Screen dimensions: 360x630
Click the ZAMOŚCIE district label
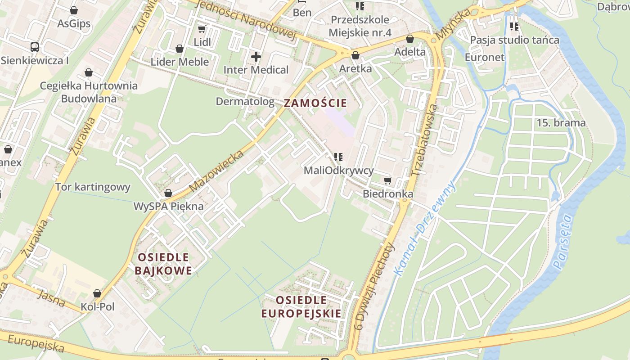tap(315, 103)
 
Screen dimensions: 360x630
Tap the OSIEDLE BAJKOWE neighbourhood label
tap(163, 264)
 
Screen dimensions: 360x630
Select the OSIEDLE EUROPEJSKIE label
tap(301, 307)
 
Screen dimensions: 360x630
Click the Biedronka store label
tap(388, 194)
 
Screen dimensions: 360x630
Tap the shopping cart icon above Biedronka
tap(387, 181)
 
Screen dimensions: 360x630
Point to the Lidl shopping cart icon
tap(202, 29)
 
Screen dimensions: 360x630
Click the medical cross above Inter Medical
tap(256, 57)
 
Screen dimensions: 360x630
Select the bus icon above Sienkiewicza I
tap(35, 47)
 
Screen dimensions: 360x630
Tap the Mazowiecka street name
tap(216, 171)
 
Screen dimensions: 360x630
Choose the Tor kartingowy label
tap(93, 187)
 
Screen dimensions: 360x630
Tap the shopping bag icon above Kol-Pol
tap(97, 294)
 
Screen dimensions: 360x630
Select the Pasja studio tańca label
tap(514, 40)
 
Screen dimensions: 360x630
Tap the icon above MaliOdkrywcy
tap(338, 157)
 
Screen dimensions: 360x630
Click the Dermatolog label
tap(245, 102)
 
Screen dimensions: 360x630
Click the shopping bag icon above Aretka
tap(355, 55)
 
